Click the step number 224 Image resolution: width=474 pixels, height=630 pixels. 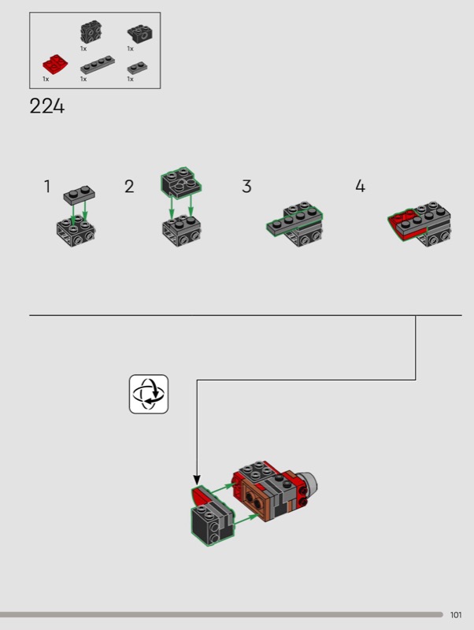click(x=46, y=106)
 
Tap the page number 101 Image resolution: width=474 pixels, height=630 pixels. click(x=457, y=615)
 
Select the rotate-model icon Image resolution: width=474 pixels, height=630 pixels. click(x=149, y=394)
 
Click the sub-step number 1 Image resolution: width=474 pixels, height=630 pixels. click(x=47, y=187)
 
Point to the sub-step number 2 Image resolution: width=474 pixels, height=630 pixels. click(x=129, y=187)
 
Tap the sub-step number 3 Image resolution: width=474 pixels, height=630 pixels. click(x=246, y=187)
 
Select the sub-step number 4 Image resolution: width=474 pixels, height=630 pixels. click(x=360, y=187)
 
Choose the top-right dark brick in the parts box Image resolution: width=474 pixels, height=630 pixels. click(x=140, y=33)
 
